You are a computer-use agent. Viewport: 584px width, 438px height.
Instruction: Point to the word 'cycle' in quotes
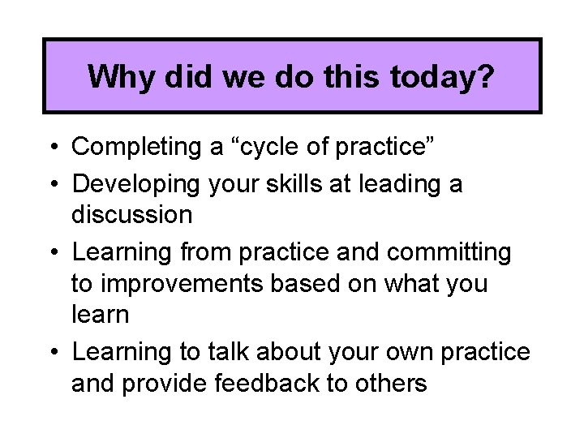[279, 148]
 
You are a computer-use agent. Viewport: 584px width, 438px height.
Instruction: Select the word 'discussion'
[132, 216]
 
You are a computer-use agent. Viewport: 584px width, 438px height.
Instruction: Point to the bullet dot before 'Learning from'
[53, 253]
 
